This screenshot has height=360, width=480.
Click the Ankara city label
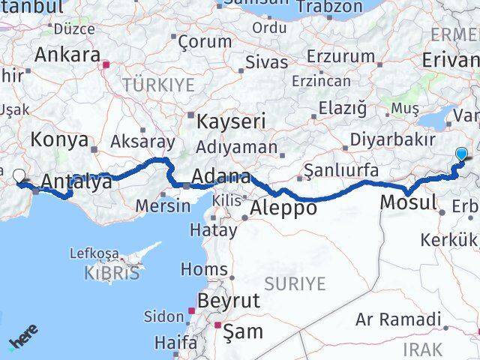(x=67, y=55)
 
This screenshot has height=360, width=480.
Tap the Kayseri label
(x=232, y=120)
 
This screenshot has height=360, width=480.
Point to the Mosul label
(x=409, y=202)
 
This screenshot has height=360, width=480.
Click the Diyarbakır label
(x=393, y=139)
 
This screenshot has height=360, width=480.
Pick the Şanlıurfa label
(x=342, y=169)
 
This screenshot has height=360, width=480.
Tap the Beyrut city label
(x=228, y=301)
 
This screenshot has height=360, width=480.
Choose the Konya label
(x=59, y=139)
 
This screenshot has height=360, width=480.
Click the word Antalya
(x=77, y=181)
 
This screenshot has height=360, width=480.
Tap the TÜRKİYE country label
(x=159, y=83)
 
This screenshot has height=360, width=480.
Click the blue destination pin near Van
(x=461, y=155)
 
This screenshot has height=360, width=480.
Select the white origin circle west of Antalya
(x=19, y=177)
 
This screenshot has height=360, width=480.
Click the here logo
(x=22, y=343)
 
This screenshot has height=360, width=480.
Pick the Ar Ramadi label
(x=398, y=320)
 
